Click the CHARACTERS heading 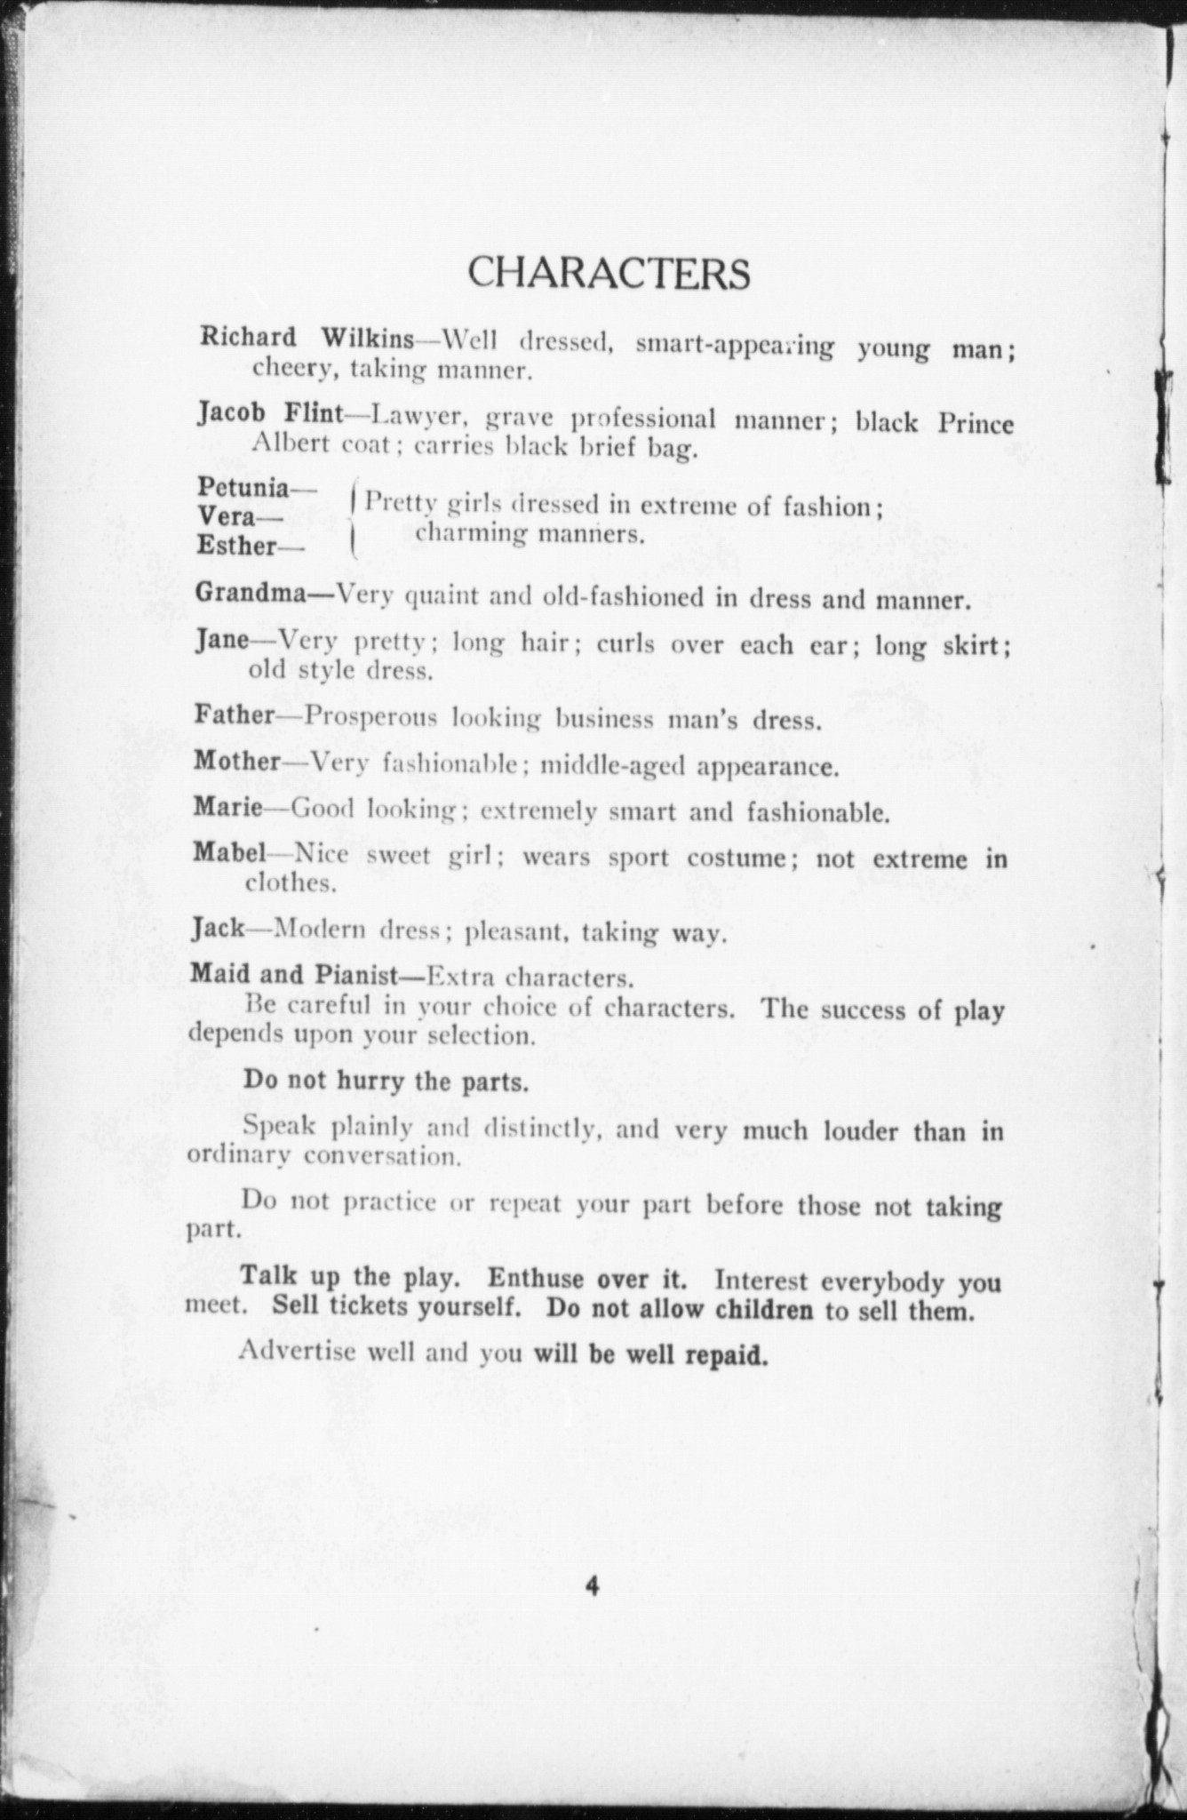pyautogui.click(x=609, y=273)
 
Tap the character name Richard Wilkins pyautogui.click(x=307, y=338)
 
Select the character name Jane pyautogui.click(x=221, y=640)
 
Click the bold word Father pyautogui.click(x=234, y=714)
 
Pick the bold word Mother pyautogui.click(x=237, y=762)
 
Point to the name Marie pyautogui.click(x=227, y=808)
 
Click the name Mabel pyautogui.click(x=229, y=854)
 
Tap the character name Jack pyautogui.click(x=218, y=930)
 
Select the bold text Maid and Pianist pyautogui.click(x=293, y=975)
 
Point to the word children pyautogui.click(x=764, y=1311)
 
